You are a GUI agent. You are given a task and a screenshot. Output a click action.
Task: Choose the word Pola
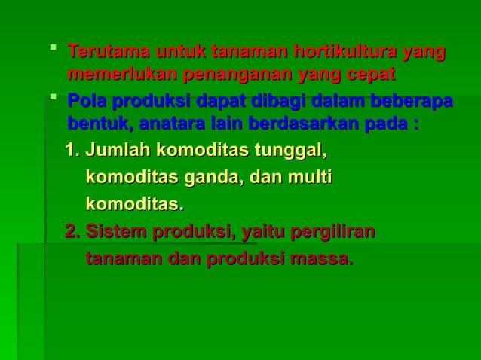(85, 101)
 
